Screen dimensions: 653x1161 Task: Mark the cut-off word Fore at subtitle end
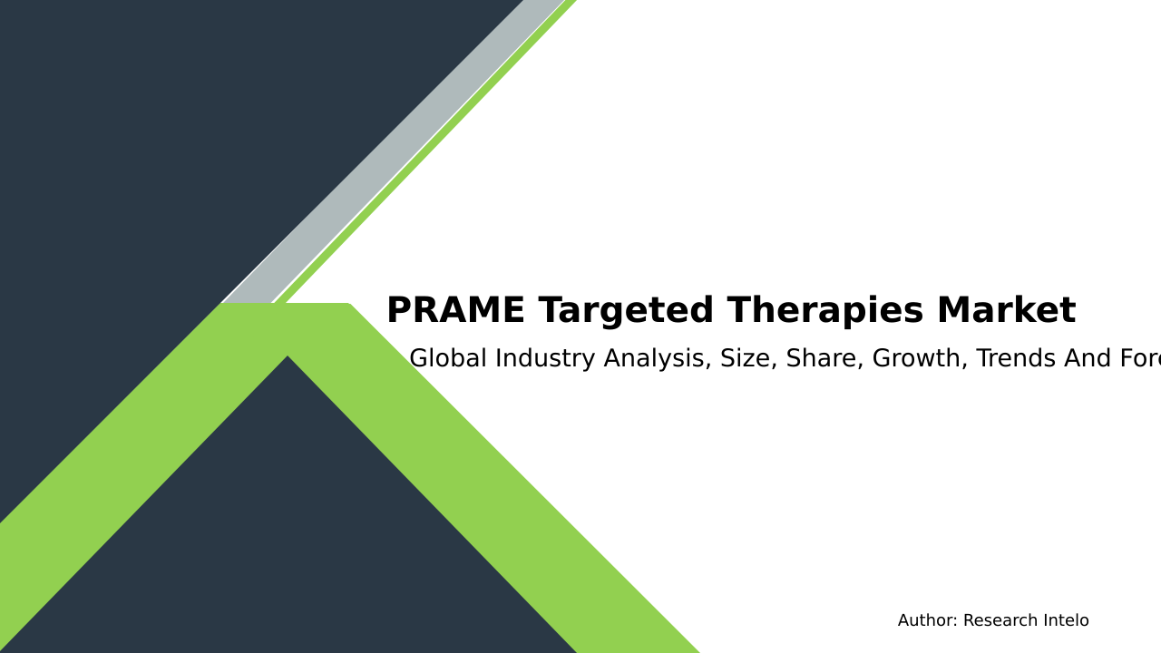point(1140,359)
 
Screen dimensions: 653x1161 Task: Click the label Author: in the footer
point(927,621)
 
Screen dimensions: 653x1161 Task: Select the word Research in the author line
point(1000,621)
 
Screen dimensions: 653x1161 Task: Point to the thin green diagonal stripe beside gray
point(426,154)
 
